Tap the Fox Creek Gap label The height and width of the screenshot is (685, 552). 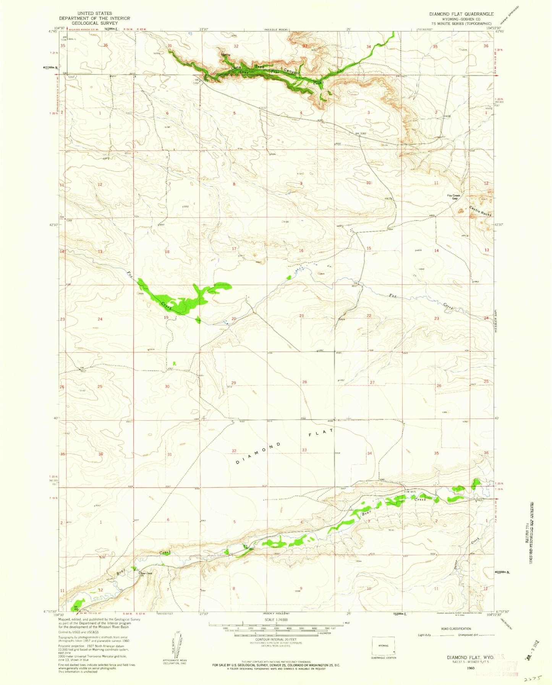[x=454, y=197]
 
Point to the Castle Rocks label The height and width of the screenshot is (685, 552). [x=480, y=211]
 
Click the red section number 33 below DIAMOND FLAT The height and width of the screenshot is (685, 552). [x=304, y=450]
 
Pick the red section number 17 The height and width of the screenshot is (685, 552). [x=234, y=249]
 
